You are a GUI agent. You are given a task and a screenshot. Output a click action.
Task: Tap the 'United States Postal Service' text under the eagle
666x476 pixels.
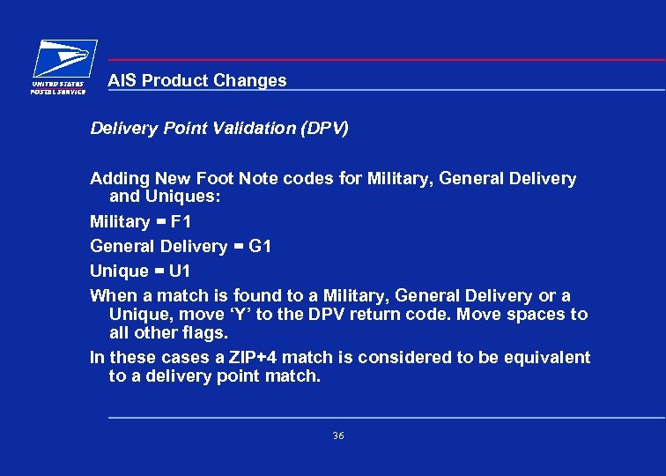click(x=59, y=87)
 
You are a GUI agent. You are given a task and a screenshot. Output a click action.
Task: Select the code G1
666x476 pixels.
click(x=261, y=246)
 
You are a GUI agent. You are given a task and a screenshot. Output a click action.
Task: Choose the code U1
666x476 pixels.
click(x=179, y=271)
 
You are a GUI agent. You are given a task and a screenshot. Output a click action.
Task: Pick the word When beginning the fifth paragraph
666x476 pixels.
click(x=114, y=296)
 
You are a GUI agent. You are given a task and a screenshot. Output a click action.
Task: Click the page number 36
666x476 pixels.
click(x=338, y=436)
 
